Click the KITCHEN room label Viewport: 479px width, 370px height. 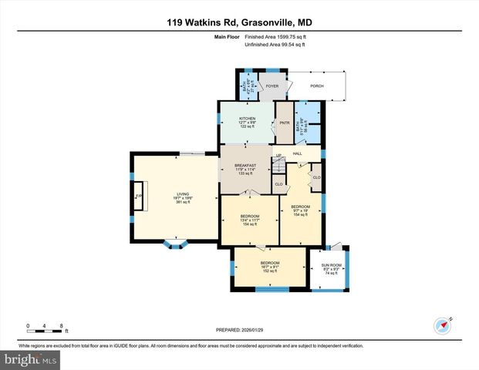[x=247, y=118]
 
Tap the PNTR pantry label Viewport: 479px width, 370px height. [x=284, y=123]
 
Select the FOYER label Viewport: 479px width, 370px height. [x=272, y=86]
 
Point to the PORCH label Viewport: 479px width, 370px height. [x=316, y=86]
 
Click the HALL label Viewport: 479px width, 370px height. [x=297, y=153]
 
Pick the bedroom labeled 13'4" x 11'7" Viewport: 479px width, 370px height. [x=250, y=219]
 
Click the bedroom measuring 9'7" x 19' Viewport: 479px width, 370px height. [x=300, y=210]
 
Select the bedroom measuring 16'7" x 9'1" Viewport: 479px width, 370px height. [x=269, y=266]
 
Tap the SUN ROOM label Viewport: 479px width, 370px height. [x=332, y=268]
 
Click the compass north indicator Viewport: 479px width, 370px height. [x=442, y=325]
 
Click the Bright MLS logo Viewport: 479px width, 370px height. [x=31, y=360]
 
